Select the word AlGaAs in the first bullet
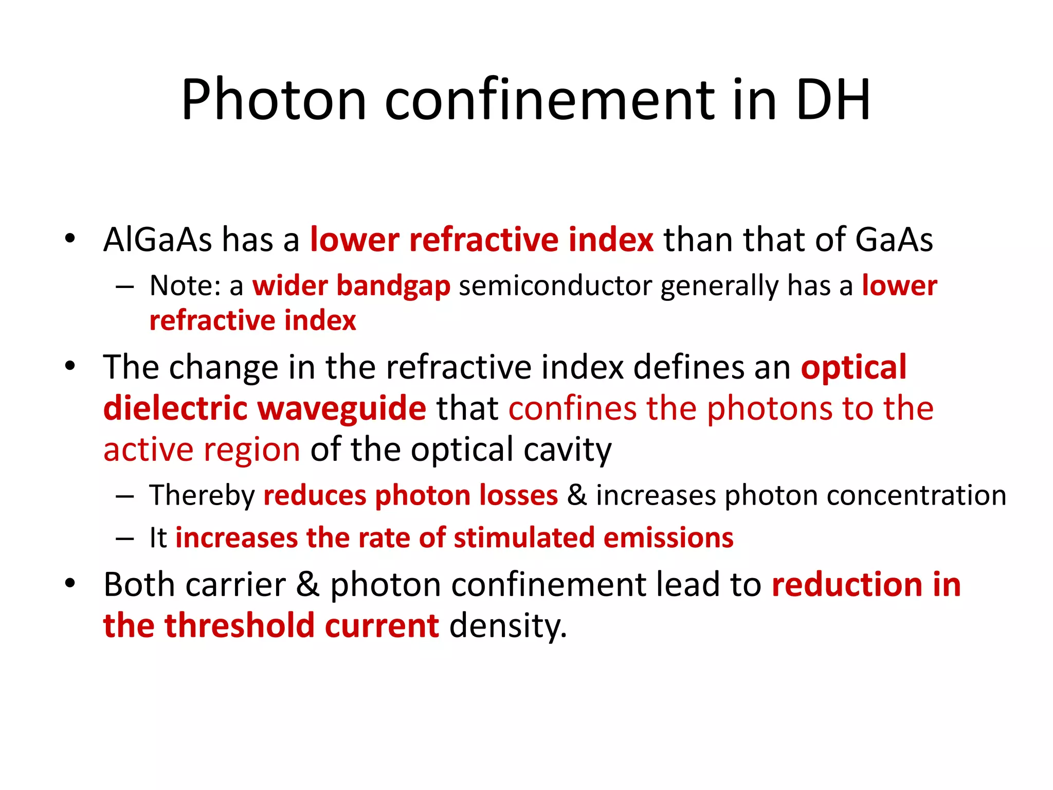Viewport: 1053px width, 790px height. click(x=157, y=240)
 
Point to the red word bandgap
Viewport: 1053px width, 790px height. click(x=393, y=286)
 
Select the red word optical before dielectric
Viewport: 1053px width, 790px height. click(x=854, y=367)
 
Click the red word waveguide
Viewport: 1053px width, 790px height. click(x=341, y=408)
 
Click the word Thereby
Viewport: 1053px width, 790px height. click(x=202, y=495)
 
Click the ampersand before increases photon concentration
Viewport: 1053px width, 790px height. click(x=577, y=495)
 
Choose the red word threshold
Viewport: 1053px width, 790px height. click(x=239, y=626)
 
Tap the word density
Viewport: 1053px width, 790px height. click(x=508, y=626)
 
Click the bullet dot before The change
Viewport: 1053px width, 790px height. click(x=70, y=366)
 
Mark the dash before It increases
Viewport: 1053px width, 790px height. click(x=125, y=538)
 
